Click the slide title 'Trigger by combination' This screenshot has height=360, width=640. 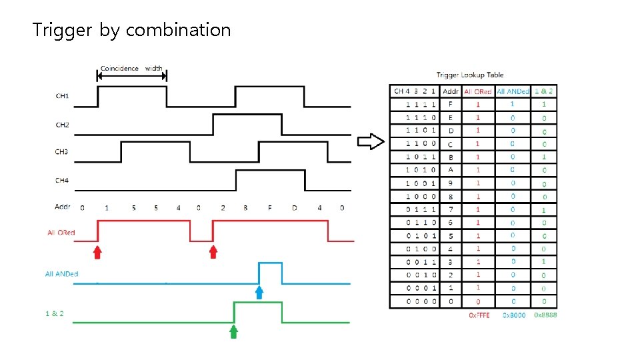[132, 30]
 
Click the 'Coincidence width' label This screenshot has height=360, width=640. [131, 68]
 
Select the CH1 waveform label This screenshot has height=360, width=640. [62, 96]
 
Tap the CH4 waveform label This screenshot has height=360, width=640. [62, 181]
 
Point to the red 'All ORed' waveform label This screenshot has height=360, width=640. [61, 233]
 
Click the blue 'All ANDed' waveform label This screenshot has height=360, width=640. [62, 274]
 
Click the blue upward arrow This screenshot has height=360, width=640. [259, 293]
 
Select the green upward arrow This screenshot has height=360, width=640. [233, 332]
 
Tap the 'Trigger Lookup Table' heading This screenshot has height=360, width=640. [470, 75]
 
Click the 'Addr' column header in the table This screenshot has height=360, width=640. [451, 91]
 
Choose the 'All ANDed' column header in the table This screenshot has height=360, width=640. [513, 91]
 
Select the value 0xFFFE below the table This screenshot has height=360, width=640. [479, 315]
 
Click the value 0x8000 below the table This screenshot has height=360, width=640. [514, 315]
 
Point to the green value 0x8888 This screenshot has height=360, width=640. [545, 315]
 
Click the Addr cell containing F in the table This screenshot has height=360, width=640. [451, 104]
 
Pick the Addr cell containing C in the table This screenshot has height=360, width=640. [451, 143]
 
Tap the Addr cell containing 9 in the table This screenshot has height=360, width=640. [451, 183]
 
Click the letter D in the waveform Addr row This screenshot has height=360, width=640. [295, 208]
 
